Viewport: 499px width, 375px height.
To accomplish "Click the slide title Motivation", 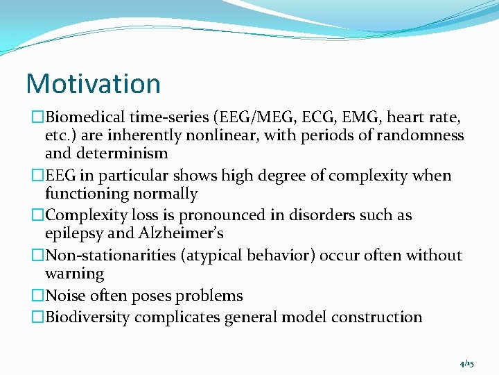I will pyautogui.click(x=93, y=83).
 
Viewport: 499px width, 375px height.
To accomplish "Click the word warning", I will pyautogui.click(x=74, y=274).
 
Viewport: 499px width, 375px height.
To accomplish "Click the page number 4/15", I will pyautogui.click(x=466, y=364).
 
